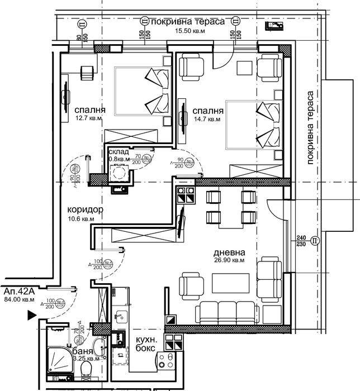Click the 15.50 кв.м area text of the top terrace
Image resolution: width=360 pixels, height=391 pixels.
point(185,31)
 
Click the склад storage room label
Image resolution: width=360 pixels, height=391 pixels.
point(119,152)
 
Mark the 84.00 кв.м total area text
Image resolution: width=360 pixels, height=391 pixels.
point(19,300)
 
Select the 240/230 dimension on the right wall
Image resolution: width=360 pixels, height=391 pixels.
point(301,240)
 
